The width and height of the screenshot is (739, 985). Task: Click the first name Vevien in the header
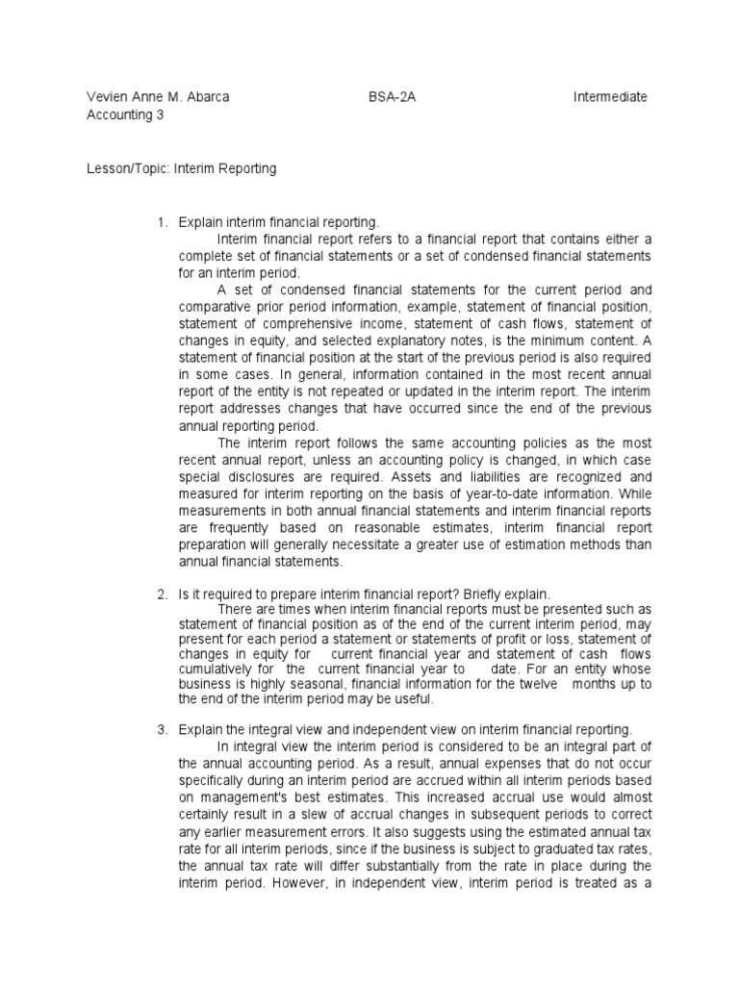pyautogui.click(x=106, y=97)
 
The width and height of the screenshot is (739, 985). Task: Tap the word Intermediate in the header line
pyautogui.click(x=610, y=97)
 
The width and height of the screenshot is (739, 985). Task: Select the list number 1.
pyautogui.click(x=162, y=223)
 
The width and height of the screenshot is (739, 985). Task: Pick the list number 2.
pyautogui.click(x=162, y=594)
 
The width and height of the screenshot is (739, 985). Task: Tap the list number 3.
pyautogui.click(x=162, y=731)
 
